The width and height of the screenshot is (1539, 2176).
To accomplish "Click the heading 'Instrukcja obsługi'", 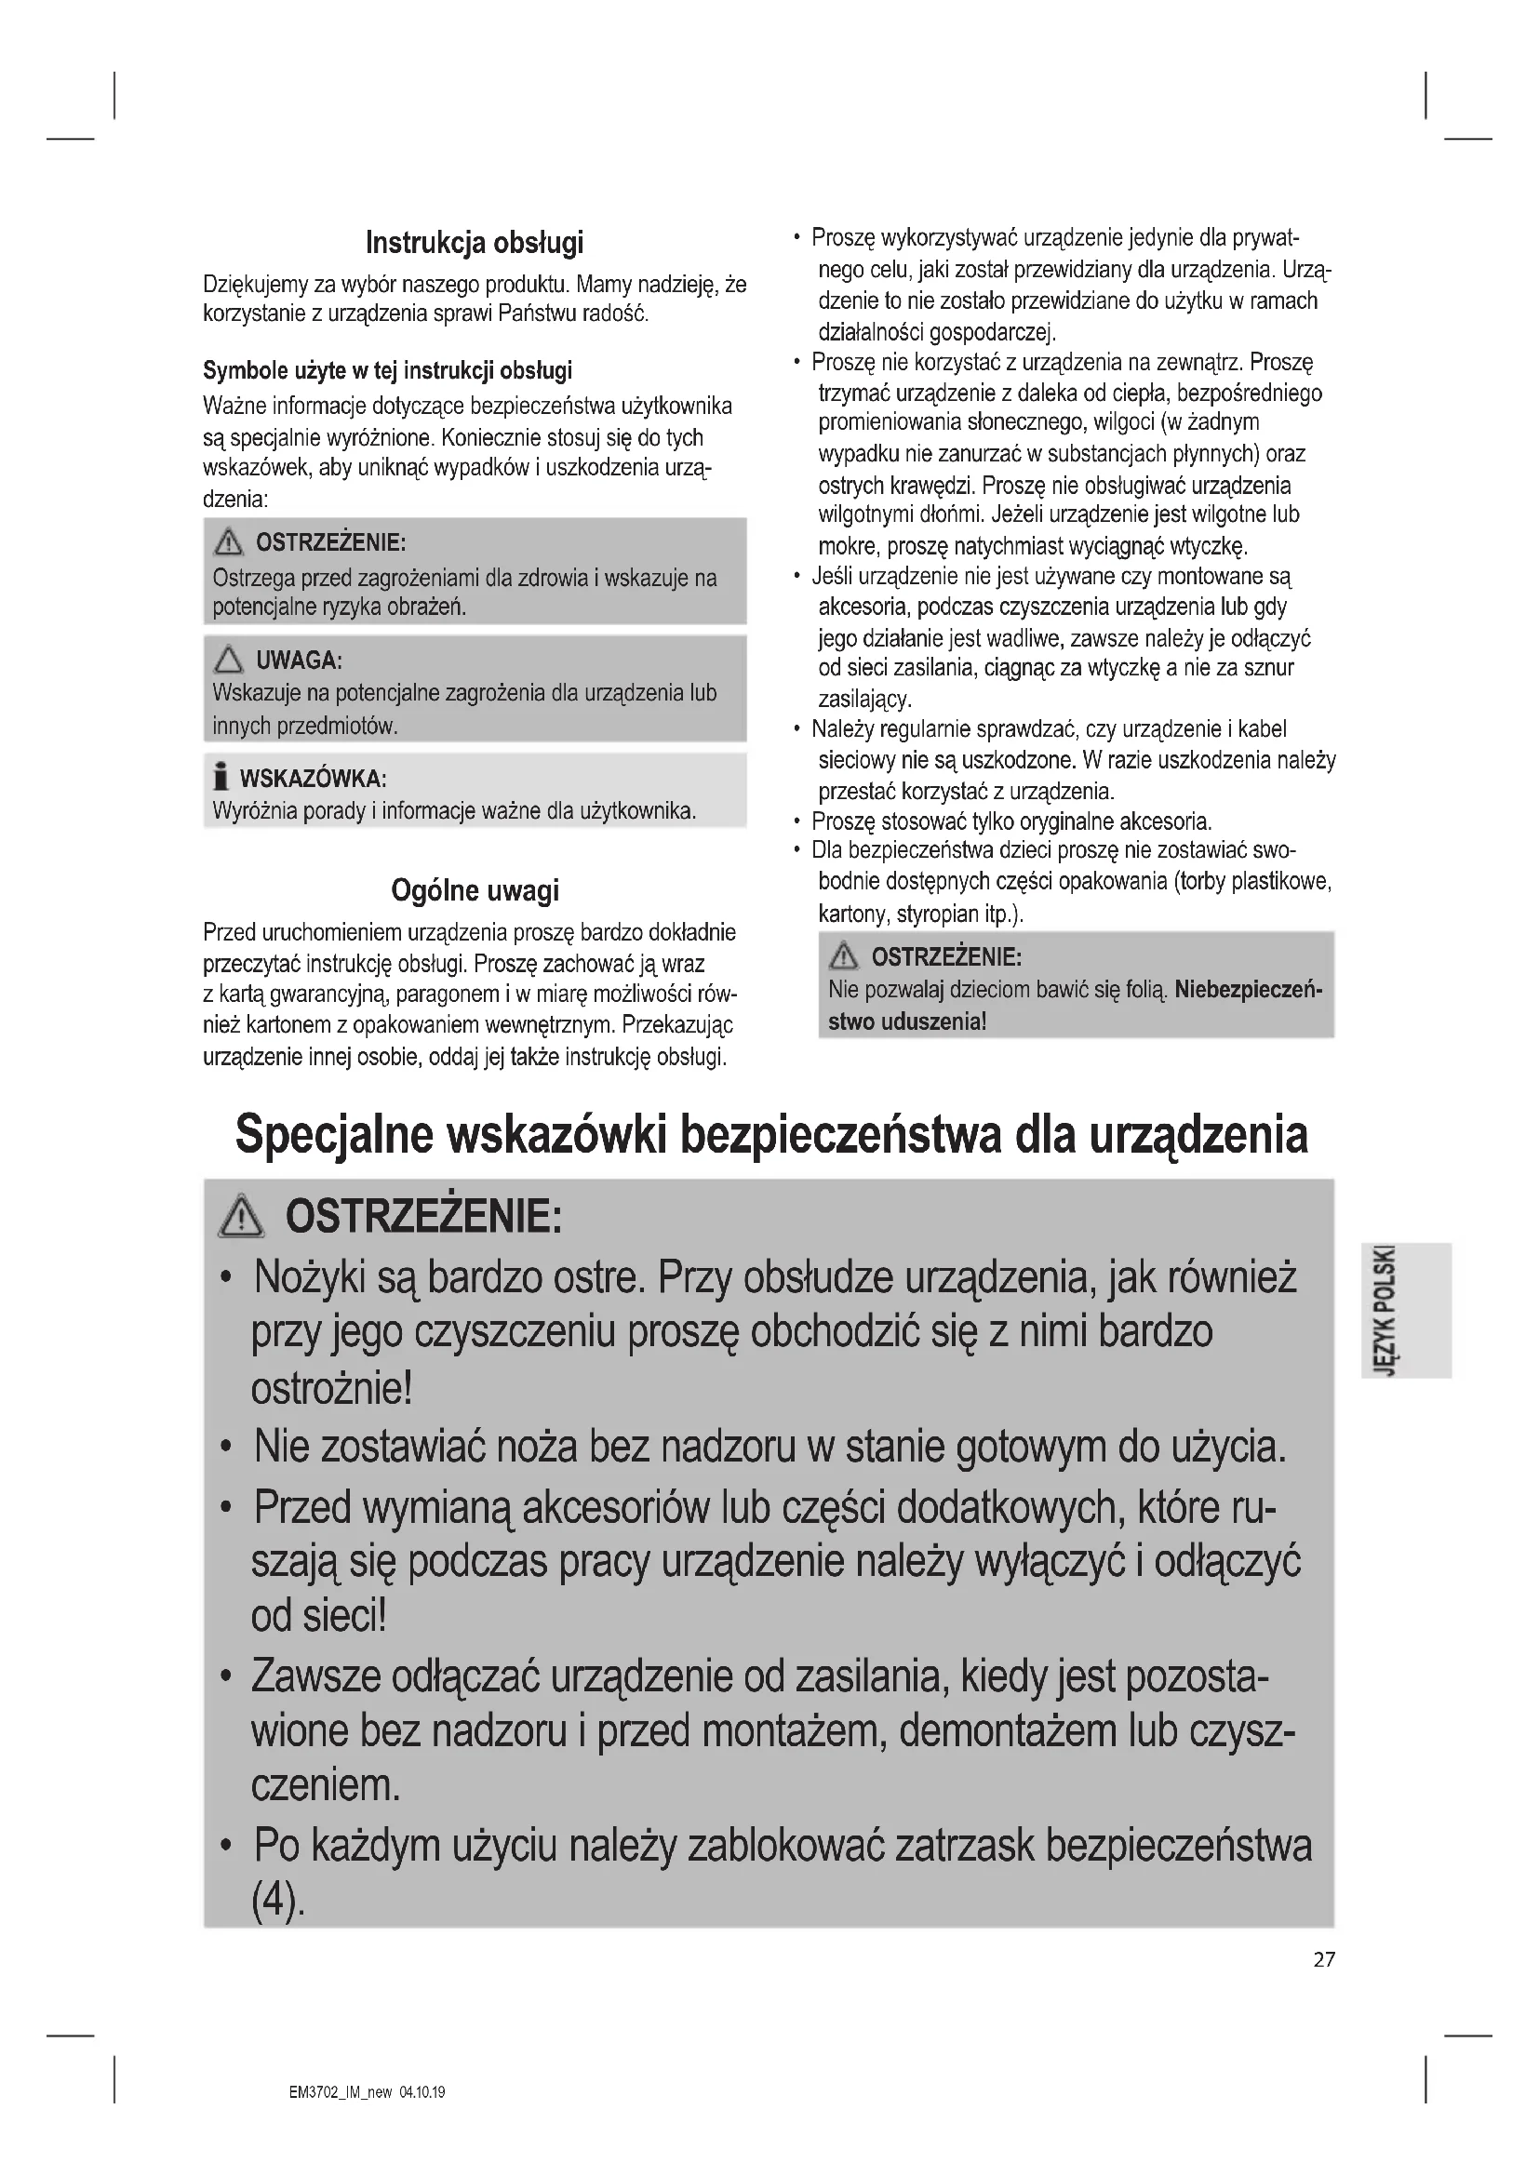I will tap(475, 243).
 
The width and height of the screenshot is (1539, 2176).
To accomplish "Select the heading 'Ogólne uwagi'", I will tap(475, 891).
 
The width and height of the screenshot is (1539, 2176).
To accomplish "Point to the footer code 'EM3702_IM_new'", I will tap(341, 2091).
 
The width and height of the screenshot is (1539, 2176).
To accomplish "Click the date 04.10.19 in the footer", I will tap(422, 2091).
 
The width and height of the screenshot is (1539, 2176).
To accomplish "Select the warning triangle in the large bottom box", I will tap(242, 1216).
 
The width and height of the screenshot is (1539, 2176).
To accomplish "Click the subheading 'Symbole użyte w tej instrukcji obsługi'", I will tap(388, 369).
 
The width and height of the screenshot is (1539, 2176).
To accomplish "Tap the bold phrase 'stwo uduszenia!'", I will tap(907, 1021).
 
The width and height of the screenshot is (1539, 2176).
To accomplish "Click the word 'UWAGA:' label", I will tap(299, 660).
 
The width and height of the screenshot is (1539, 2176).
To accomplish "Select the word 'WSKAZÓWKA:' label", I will tap(313, 779).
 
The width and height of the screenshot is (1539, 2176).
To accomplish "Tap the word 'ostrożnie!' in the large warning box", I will tap(331, 1387).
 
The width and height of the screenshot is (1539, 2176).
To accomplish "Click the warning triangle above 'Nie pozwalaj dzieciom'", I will tap(842, 957).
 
